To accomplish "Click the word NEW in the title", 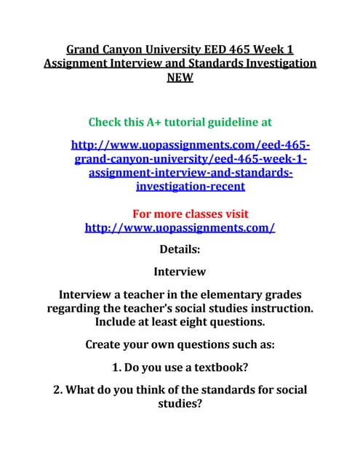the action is [x=180, y=78].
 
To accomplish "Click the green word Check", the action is [x=108, y=121].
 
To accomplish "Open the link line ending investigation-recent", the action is [x=191, y=187].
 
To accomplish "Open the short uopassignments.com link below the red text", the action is [x=180, y=227].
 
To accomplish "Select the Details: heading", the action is [x=180, y=250].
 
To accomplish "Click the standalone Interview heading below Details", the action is [x=180, y=272].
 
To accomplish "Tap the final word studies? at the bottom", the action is [x=180, y=404].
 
